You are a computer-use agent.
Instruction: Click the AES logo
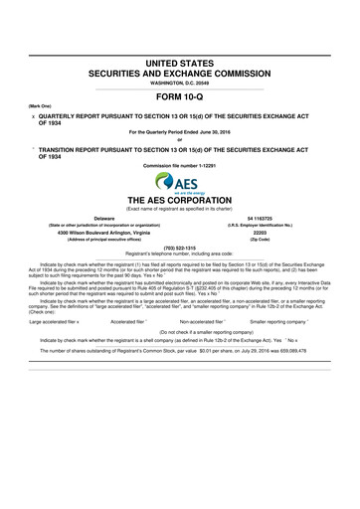tap(180, 183)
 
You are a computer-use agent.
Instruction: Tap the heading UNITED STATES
tap(180, 64)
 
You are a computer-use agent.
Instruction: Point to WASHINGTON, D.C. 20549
tap(180, 83)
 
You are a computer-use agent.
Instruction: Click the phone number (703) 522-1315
tap(180, 248)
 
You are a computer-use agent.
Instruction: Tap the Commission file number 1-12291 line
tap(180, 164)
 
